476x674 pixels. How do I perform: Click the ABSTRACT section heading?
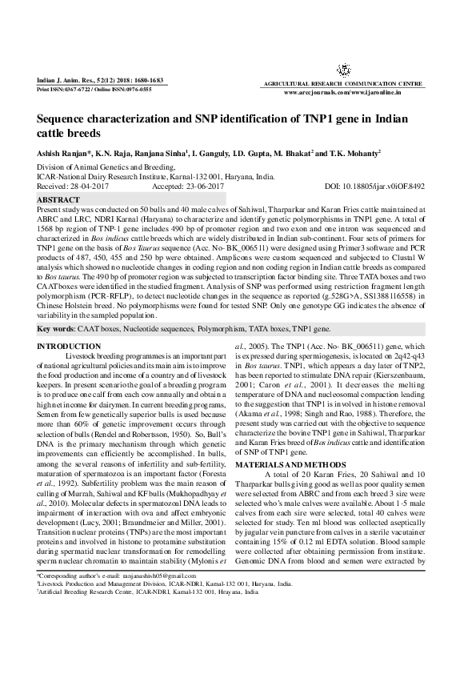58,199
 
